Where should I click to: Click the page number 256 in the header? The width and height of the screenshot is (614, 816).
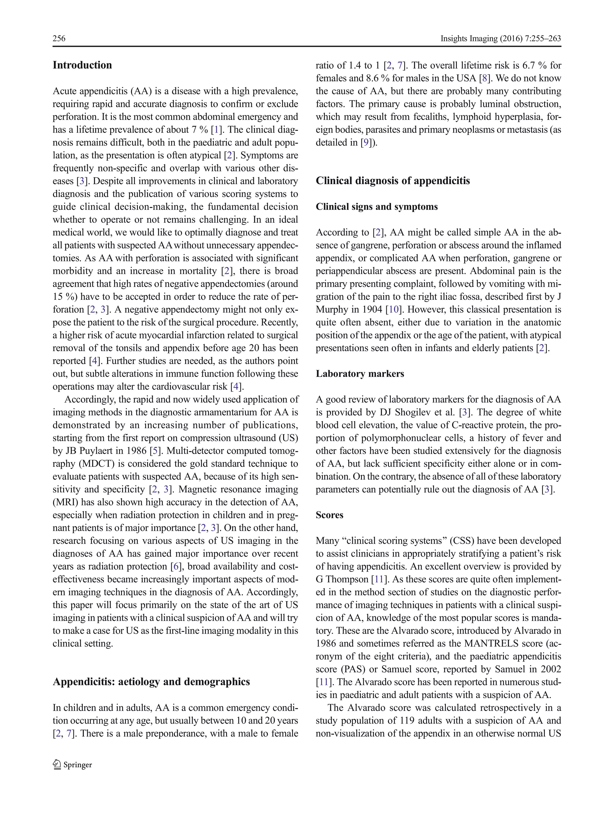[x=59, y=38]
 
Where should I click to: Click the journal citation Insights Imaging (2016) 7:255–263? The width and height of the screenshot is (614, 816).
[x=500, y=38]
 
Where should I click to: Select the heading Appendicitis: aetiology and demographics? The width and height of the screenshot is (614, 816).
[x=151, y=682]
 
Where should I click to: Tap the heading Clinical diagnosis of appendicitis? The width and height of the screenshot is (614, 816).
[x=393, y=181]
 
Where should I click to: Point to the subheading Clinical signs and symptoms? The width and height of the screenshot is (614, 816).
[x=377, y=207]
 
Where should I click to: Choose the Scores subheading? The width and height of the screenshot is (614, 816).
[x=329, y=515]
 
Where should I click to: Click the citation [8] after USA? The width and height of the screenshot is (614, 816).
[x=484, y=78]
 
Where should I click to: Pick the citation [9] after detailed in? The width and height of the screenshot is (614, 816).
[x=367, y=143]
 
